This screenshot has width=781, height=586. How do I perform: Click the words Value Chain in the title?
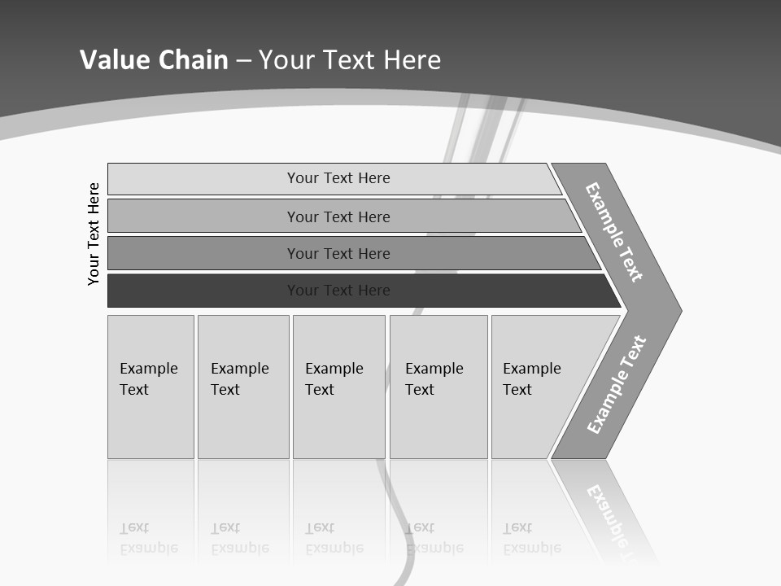coord(154,60)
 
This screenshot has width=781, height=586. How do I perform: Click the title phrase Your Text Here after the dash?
coord(350,60)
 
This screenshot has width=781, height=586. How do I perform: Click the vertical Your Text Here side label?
coord(94,234)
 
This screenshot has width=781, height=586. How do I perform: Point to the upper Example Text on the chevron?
coord(614,232)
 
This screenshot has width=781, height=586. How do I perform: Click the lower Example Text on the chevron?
coord(617,385)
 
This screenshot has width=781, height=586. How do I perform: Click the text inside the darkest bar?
coord(338,291)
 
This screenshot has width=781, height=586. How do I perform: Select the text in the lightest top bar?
coord(338,178)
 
